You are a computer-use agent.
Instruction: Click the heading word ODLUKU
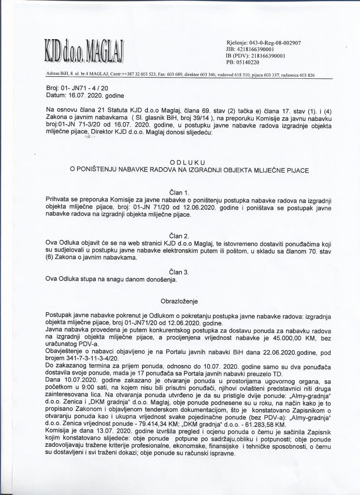188,163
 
